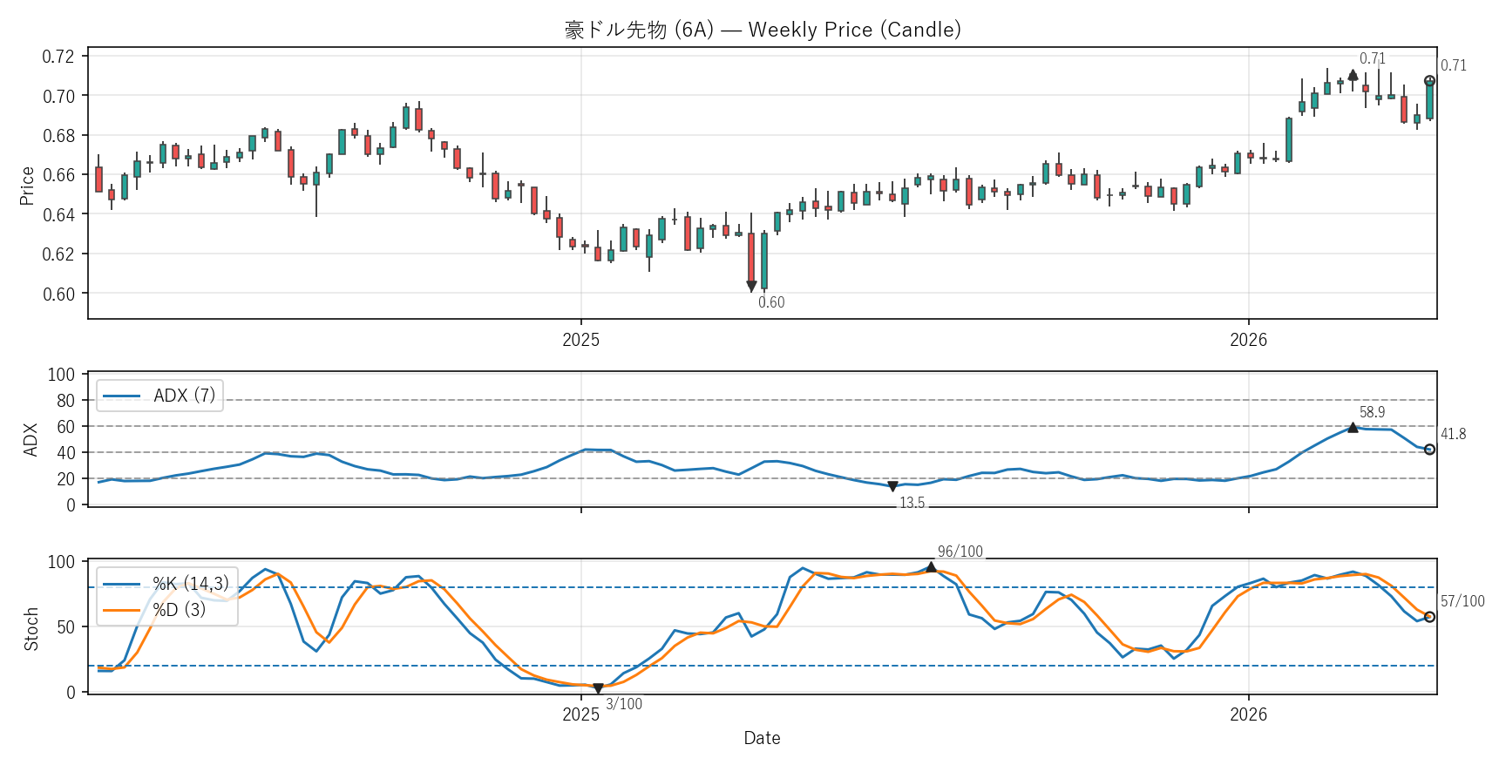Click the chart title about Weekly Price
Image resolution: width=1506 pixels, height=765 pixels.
(763, 30)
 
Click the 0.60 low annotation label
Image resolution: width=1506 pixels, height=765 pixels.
(771, 302)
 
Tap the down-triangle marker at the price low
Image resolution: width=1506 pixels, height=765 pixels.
(751, 286)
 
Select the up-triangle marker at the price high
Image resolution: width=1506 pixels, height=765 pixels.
(1353, 75)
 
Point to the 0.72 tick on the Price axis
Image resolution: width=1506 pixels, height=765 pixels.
(58, 57)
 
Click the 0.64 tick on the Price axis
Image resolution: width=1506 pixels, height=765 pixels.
(58, 214)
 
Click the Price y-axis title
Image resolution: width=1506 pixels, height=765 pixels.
(27, 186)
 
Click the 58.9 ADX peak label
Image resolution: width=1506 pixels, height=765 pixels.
(1372, 412)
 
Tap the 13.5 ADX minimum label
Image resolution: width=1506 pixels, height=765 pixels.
(912, 503)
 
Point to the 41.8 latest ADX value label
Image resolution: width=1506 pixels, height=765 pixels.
(1453, 434)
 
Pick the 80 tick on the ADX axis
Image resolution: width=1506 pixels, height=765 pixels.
(66, 401)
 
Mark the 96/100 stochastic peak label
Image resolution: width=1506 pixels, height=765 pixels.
(960, 552)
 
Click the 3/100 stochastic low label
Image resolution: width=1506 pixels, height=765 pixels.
(624, 704)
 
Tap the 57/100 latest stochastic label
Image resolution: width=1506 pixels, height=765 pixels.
(1462, 601)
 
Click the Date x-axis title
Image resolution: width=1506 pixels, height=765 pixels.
(762, 738)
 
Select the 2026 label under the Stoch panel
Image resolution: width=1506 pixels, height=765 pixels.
(1248, 714)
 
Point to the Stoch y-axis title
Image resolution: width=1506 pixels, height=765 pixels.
(31, 629)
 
